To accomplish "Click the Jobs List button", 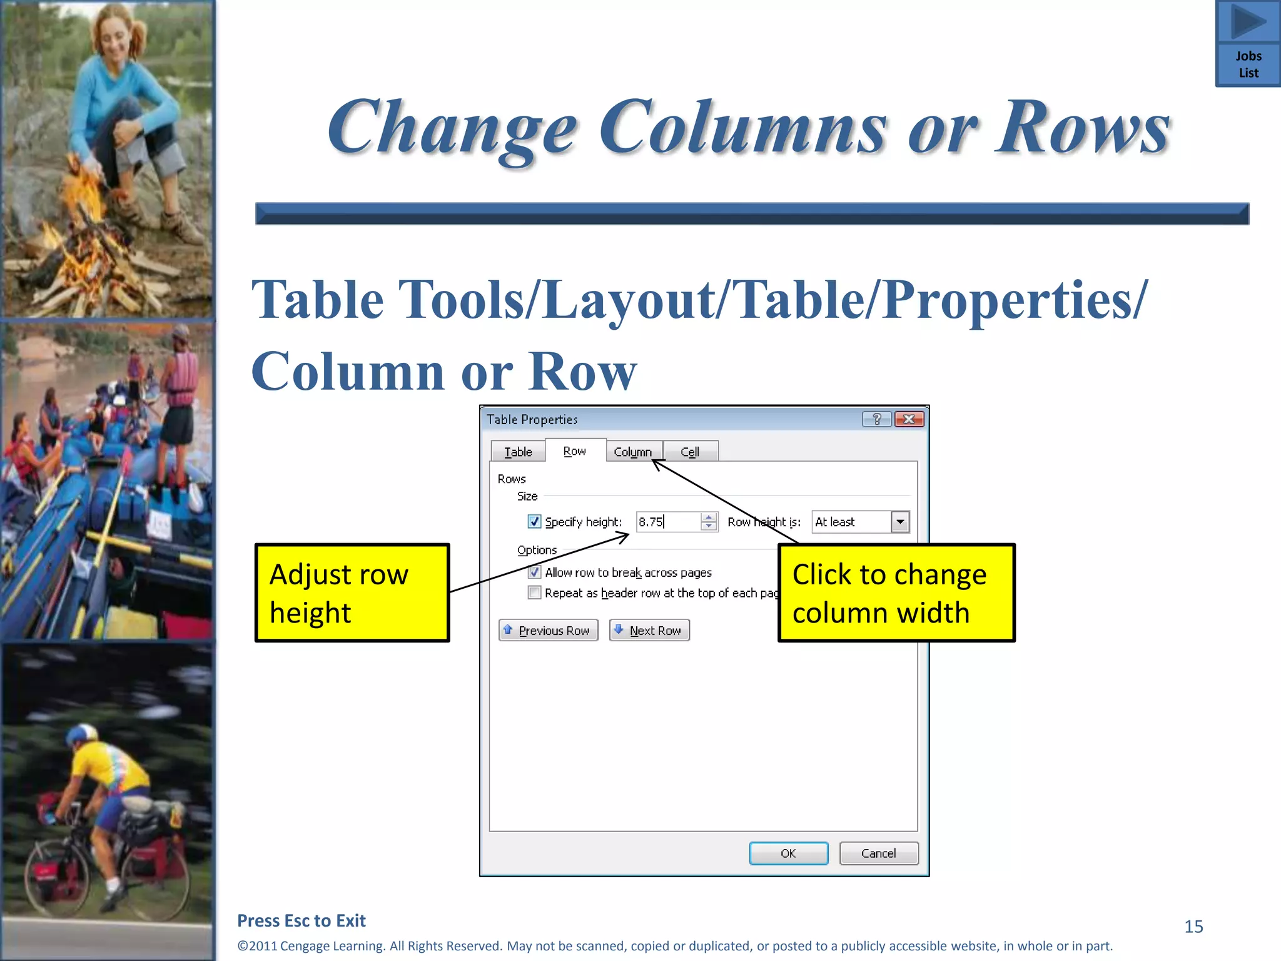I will (x=1248, y=44).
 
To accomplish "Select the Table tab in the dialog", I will (x=518, y=452).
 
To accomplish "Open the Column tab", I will (x=632, y=452).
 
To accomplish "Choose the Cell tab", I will (x=690, y=452).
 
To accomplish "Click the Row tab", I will (x=575, y=451).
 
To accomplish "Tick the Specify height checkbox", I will (x=534, y=521).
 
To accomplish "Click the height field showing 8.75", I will (x=668, y=522).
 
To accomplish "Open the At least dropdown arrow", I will (x=900, y=522).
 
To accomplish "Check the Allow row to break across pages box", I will (x=534, y=572).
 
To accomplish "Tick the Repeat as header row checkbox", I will (x=534, y=592).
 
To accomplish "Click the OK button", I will (x=788, y=853).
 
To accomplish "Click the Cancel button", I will (x=878, y=853).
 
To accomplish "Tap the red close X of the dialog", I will (x=909, y=419).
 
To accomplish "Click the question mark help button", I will (x=877, y=419).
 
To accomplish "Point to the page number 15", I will (x=1193, y=927).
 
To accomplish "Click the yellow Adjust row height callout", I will (x=352, y=592).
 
